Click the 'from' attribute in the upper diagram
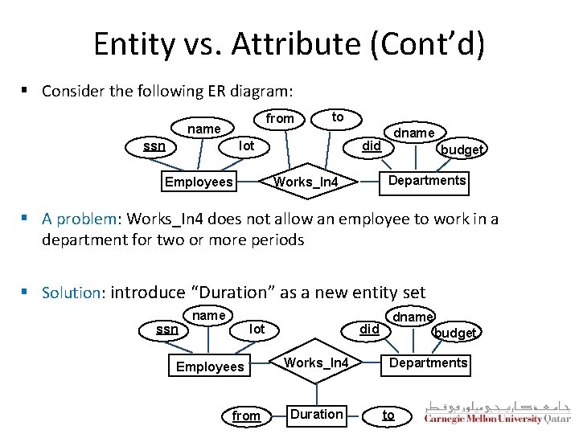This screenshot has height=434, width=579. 280,119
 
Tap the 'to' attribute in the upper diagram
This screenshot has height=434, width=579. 338,117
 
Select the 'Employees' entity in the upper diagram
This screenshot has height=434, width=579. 199,182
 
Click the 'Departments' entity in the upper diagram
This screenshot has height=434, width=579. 426,180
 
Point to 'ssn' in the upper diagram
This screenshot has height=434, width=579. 154,146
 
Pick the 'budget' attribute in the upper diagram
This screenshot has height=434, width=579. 462,149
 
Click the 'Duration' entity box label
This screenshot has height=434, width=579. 317,415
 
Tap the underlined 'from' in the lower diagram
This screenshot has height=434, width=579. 246,416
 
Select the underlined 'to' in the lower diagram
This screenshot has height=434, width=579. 388,415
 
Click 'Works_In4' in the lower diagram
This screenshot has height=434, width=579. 317,363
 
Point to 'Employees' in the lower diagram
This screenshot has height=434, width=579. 210,366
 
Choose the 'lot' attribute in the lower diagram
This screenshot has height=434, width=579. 257,329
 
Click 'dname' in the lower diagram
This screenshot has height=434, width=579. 413,317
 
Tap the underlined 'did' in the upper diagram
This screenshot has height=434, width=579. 372,146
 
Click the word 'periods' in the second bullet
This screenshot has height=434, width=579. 277,240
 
